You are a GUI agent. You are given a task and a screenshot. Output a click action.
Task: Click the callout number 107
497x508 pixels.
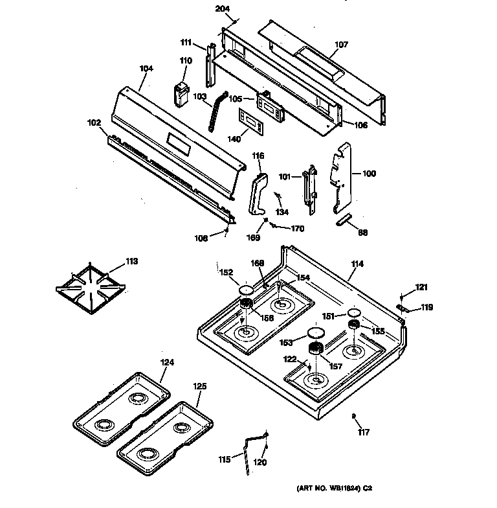click(341, 45)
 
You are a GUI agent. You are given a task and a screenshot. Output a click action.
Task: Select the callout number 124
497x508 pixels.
click(167, 362)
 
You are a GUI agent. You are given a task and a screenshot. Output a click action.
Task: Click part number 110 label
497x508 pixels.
click(186, 61)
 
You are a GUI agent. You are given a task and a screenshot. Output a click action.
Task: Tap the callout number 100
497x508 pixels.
click(369, 174)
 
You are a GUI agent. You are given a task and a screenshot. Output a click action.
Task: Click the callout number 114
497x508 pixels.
click(357, 264)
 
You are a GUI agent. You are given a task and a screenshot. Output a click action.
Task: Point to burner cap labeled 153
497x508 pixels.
click(316, 334)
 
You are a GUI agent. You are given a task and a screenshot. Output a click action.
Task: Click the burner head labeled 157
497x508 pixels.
click(316, 351)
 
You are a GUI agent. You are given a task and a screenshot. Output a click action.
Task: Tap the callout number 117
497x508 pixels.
click(364, 432)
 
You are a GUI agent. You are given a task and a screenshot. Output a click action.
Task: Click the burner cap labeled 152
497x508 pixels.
click(245, 290)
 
